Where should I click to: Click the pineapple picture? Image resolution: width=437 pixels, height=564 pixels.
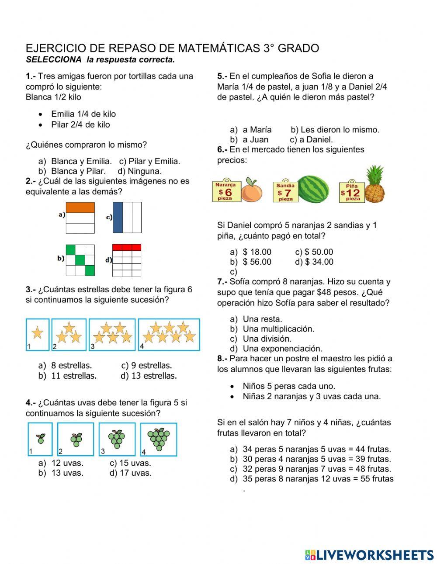click(x=375, y=185)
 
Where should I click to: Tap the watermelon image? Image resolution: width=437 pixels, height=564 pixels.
click(x=313, y=189)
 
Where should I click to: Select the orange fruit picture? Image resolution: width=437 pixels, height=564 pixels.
click(x=251, y=190)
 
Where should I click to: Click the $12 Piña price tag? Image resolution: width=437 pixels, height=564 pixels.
click(x=351, y=191)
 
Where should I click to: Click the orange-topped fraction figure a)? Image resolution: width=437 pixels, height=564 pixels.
click(x=80, y=218)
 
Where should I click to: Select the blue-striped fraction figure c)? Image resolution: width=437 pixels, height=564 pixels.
click(x=127, y=218)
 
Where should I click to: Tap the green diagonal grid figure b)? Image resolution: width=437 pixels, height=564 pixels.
click(x=80, y=260)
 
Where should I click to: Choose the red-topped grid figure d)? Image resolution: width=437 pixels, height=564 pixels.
click(x=127, y=260)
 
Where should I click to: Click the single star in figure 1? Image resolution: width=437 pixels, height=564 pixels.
click(x=37, y=333)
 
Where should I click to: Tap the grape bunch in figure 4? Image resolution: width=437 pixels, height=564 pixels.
click(x=158, y=438)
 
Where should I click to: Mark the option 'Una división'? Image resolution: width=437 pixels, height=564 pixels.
click(x=267, y=339)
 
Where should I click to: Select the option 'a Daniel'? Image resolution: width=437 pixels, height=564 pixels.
click(x=316, y=140)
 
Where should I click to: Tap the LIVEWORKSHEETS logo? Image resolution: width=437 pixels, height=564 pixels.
click(x=369, y=555)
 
